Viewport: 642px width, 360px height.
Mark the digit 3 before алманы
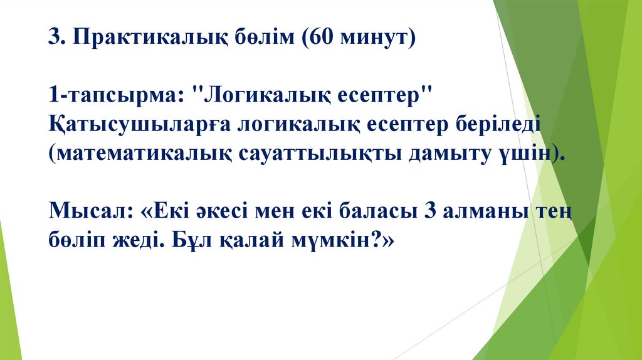pos(430,211)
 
